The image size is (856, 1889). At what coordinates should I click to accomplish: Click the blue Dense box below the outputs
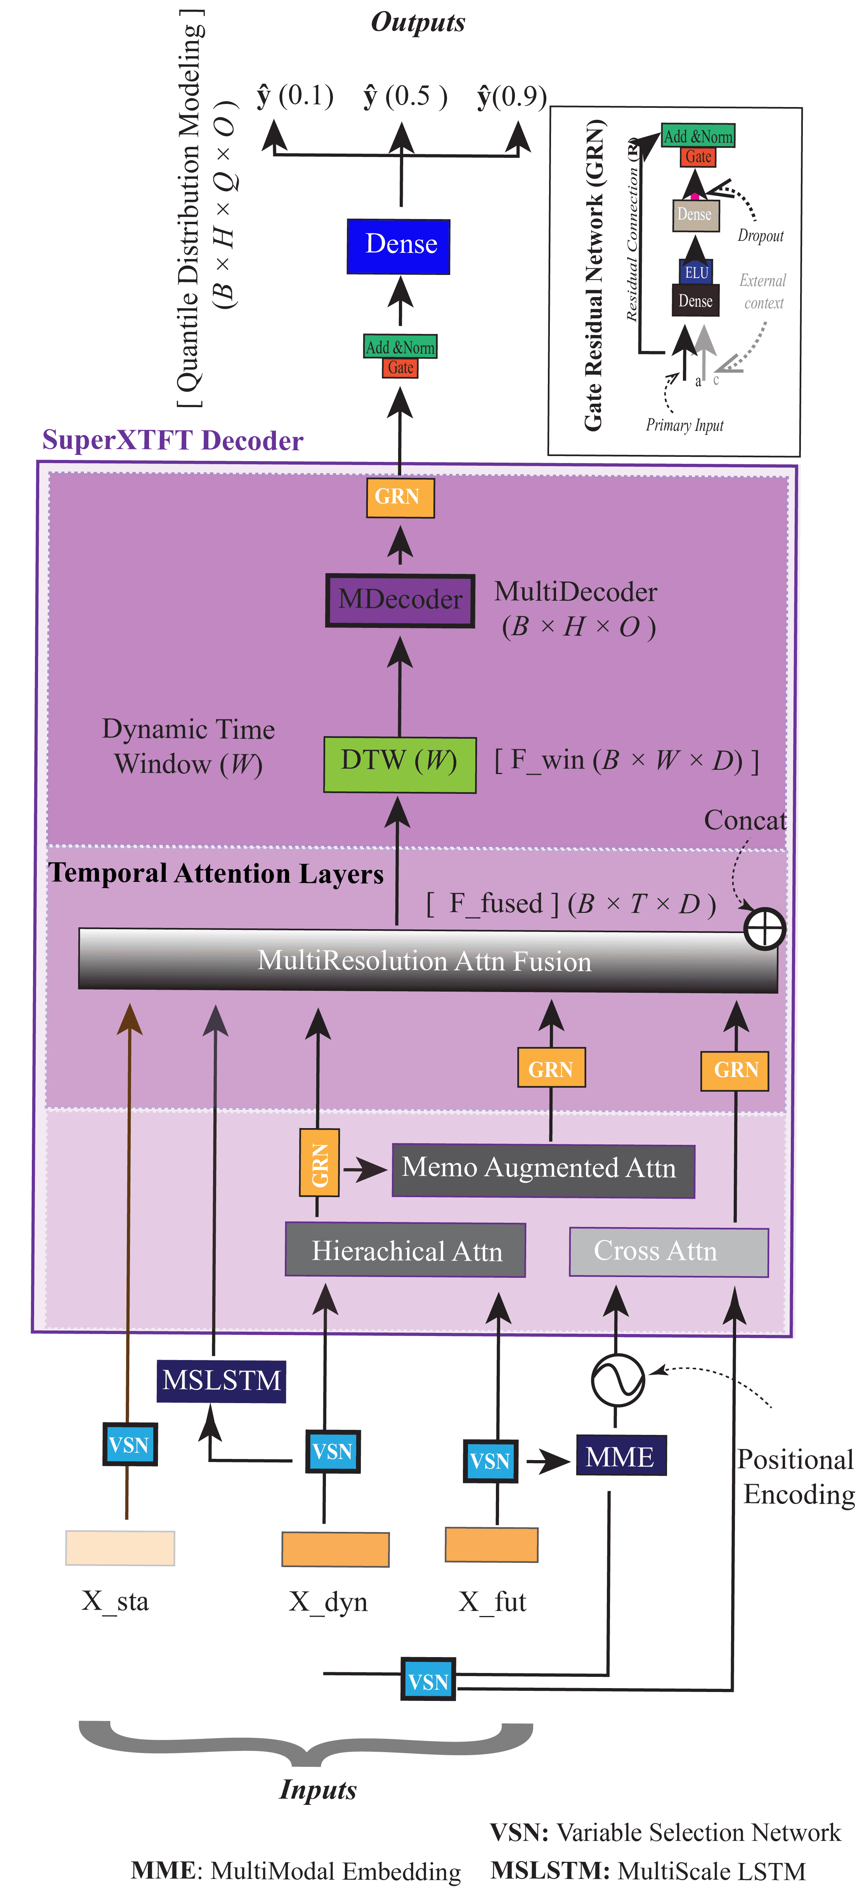pos(398,245)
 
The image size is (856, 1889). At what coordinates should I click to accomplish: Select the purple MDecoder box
pos(400,600)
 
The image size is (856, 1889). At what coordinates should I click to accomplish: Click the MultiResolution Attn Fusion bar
pos(425,961)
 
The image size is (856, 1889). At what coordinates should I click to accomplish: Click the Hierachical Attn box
pos(405,1250)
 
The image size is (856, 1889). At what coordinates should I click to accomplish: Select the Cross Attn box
pos(668,1251)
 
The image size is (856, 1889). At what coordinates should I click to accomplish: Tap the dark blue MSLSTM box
pos(221,1381)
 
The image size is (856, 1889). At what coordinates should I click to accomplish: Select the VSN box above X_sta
pos(129,1445)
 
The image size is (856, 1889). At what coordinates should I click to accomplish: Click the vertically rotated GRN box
pos(319,1162)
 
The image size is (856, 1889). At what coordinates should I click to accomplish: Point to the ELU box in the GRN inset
pos(695,272)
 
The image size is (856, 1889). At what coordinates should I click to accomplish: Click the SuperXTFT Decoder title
pos(172,440)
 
